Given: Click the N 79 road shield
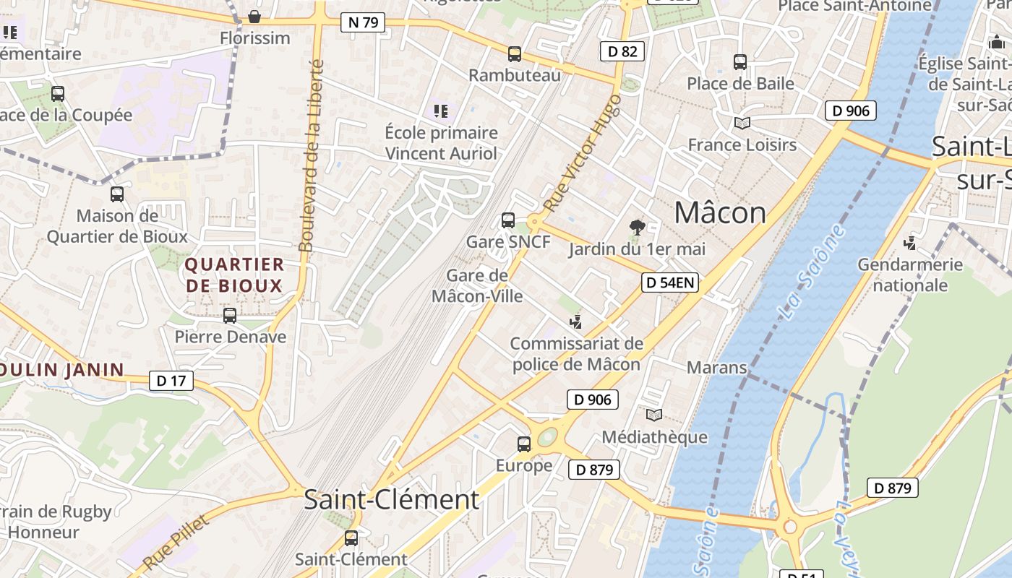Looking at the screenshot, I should (363, 22).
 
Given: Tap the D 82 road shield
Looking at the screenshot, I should (622, 51).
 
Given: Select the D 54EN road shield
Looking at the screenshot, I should (670, 282).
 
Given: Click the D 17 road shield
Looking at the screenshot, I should (171, 380).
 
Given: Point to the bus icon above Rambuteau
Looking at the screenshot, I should (515, 54).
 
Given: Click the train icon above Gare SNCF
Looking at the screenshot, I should (508, 220).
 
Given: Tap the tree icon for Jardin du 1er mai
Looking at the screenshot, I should (637, 228).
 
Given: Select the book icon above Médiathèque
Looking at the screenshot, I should (654, 415).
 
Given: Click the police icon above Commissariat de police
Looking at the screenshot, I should (576, 322).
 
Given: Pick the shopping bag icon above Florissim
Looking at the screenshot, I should (254, 17).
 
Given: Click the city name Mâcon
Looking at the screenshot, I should (720, 212).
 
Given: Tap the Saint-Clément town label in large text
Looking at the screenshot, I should (391, 499).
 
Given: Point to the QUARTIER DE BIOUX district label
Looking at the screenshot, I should (234, 275).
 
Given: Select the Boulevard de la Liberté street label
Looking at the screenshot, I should (311, 155).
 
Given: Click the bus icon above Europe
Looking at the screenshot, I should (524, 444).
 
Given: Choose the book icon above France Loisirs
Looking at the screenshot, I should (742, 123).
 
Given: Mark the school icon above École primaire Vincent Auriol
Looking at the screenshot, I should (441, 111).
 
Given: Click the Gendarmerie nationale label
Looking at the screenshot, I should (910, 275).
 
